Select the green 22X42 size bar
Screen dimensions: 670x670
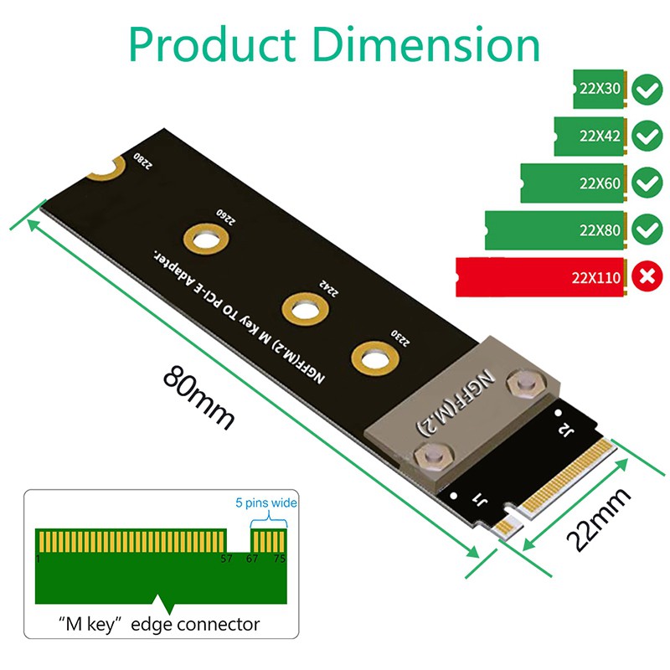tap(590, 136)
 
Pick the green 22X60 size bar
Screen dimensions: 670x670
tap(573, 183)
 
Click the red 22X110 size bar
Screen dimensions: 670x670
tap(540, 276)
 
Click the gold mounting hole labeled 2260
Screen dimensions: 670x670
tap(206, 240)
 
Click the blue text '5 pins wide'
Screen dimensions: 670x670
tap(265, 503)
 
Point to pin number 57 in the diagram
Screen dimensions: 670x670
tap(225, 559)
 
